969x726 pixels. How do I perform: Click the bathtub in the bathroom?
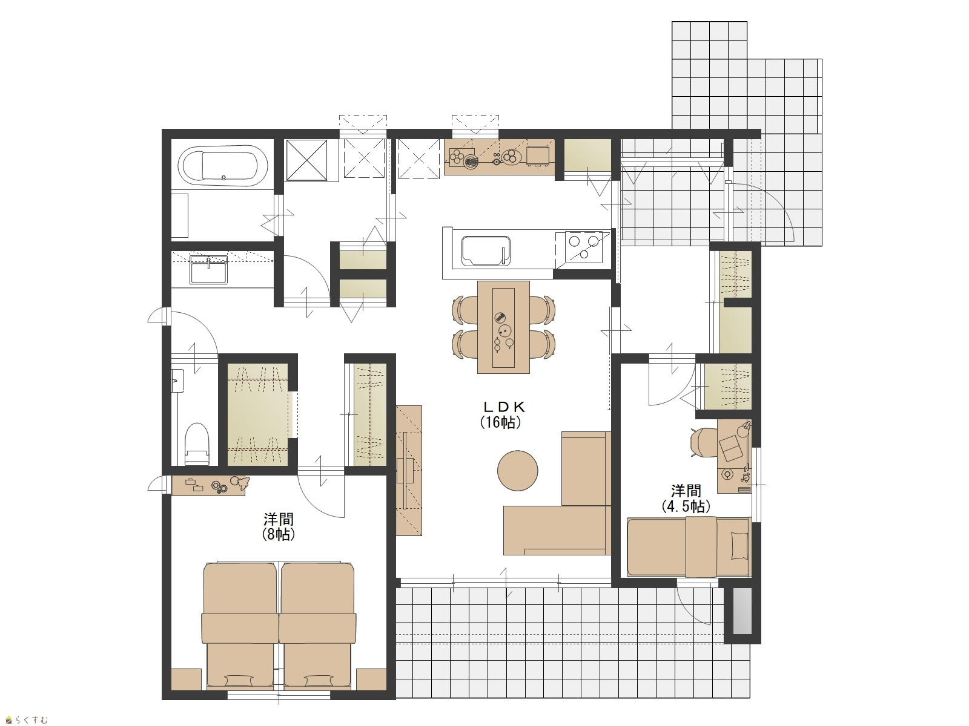[222, 165]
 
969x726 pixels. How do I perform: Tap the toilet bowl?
[196, 443]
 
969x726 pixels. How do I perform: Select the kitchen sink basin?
[486, 251]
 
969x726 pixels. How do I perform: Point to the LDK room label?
[504, 406]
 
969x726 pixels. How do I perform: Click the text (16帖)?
[501, 422]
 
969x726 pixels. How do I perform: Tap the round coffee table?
[517, 470]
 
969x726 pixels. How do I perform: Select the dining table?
[503, 327]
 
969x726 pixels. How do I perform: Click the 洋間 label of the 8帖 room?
[279, 518]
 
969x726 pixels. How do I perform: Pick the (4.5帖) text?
[686, 507]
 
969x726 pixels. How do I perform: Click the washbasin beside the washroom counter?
[208, 269]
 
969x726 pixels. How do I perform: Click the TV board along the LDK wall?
[409, 470]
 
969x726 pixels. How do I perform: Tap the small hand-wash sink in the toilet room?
[177, 381]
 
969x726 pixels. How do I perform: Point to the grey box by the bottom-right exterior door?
[742, 610]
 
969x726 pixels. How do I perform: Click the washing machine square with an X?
[307, 160]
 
